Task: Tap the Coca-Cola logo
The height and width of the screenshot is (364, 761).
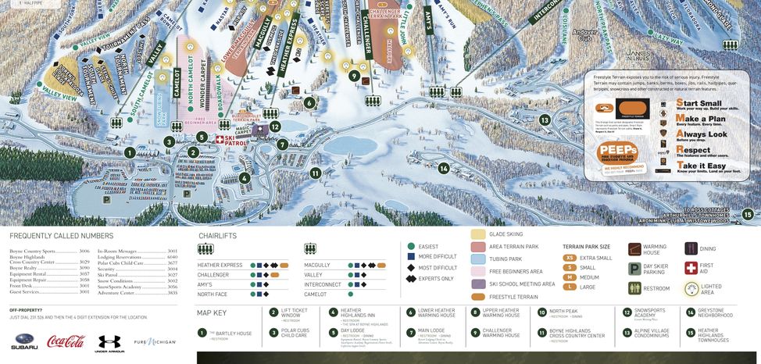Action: [x=66, y=341]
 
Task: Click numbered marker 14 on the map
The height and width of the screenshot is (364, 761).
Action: [x=444, y=168]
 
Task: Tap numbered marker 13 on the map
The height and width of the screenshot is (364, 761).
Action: [x=545, y=120]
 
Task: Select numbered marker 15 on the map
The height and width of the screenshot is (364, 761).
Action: [x=748, y=214]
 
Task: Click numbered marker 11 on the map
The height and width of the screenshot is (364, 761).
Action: [x=316, y=173]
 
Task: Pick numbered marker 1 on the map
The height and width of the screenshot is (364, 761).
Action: [x=130, y=153]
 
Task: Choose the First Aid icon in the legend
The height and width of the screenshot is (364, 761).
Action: [x=691, y=268]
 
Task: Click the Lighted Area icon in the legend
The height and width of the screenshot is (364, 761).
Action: [x=691, y=288]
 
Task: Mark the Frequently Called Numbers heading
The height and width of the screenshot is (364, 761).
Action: [x=62, y=236]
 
